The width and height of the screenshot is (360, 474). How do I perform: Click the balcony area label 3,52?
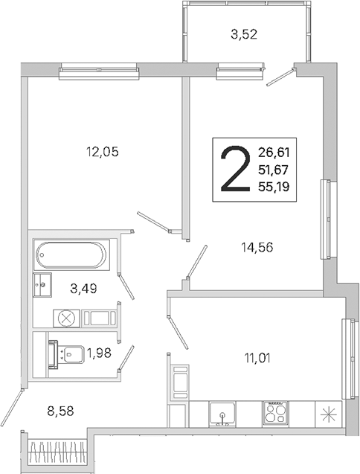coord(244,34)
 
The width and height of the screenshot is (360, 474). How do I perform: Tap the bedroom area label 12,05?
coord(103,152)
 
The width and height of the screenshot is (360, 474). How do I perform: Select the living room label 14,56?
coord(257,248)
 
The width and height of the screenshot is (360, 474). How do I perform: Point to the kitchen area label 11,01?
coord(257,358)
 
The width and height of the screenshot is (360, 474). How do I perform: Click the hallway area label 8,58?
coord(61,411)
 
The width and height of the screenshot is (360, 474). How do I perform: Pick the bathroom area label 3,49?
coord(83,289)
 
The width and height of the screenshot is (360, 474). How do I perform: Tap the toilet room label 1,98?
coord(99,353)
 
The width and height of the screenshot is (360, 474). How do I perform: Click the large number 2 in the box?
coord(236,169)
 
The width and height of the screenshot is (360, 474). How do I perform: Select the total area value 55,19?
coord(274,187)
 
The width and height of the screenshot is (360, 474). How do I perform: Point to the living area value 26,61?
coord(274,152)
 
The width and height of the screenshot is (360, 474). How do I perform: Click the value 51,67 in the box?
coord(274,170)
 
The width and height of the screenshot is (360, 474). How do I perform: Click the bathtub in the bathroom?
coord(71,254)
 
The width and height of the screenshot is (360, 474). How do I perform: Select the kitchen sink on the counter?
coord(222,414)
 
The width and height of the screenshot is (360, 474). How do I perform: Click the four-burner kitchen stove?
coord(275,414)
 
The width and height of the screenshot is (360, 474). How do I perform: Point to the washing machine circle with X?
coord(66,318)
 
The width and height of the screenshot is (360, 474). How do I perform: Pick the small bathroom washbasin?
coord(42,285)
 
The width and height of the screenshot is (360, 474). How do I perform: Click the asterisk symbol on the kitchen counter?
coord(329,414)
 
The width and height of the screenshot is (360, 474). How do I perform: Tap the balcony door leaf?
coord(280,77)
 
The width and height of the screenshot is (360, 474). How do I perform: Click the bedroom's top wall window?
coord(99,71)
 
